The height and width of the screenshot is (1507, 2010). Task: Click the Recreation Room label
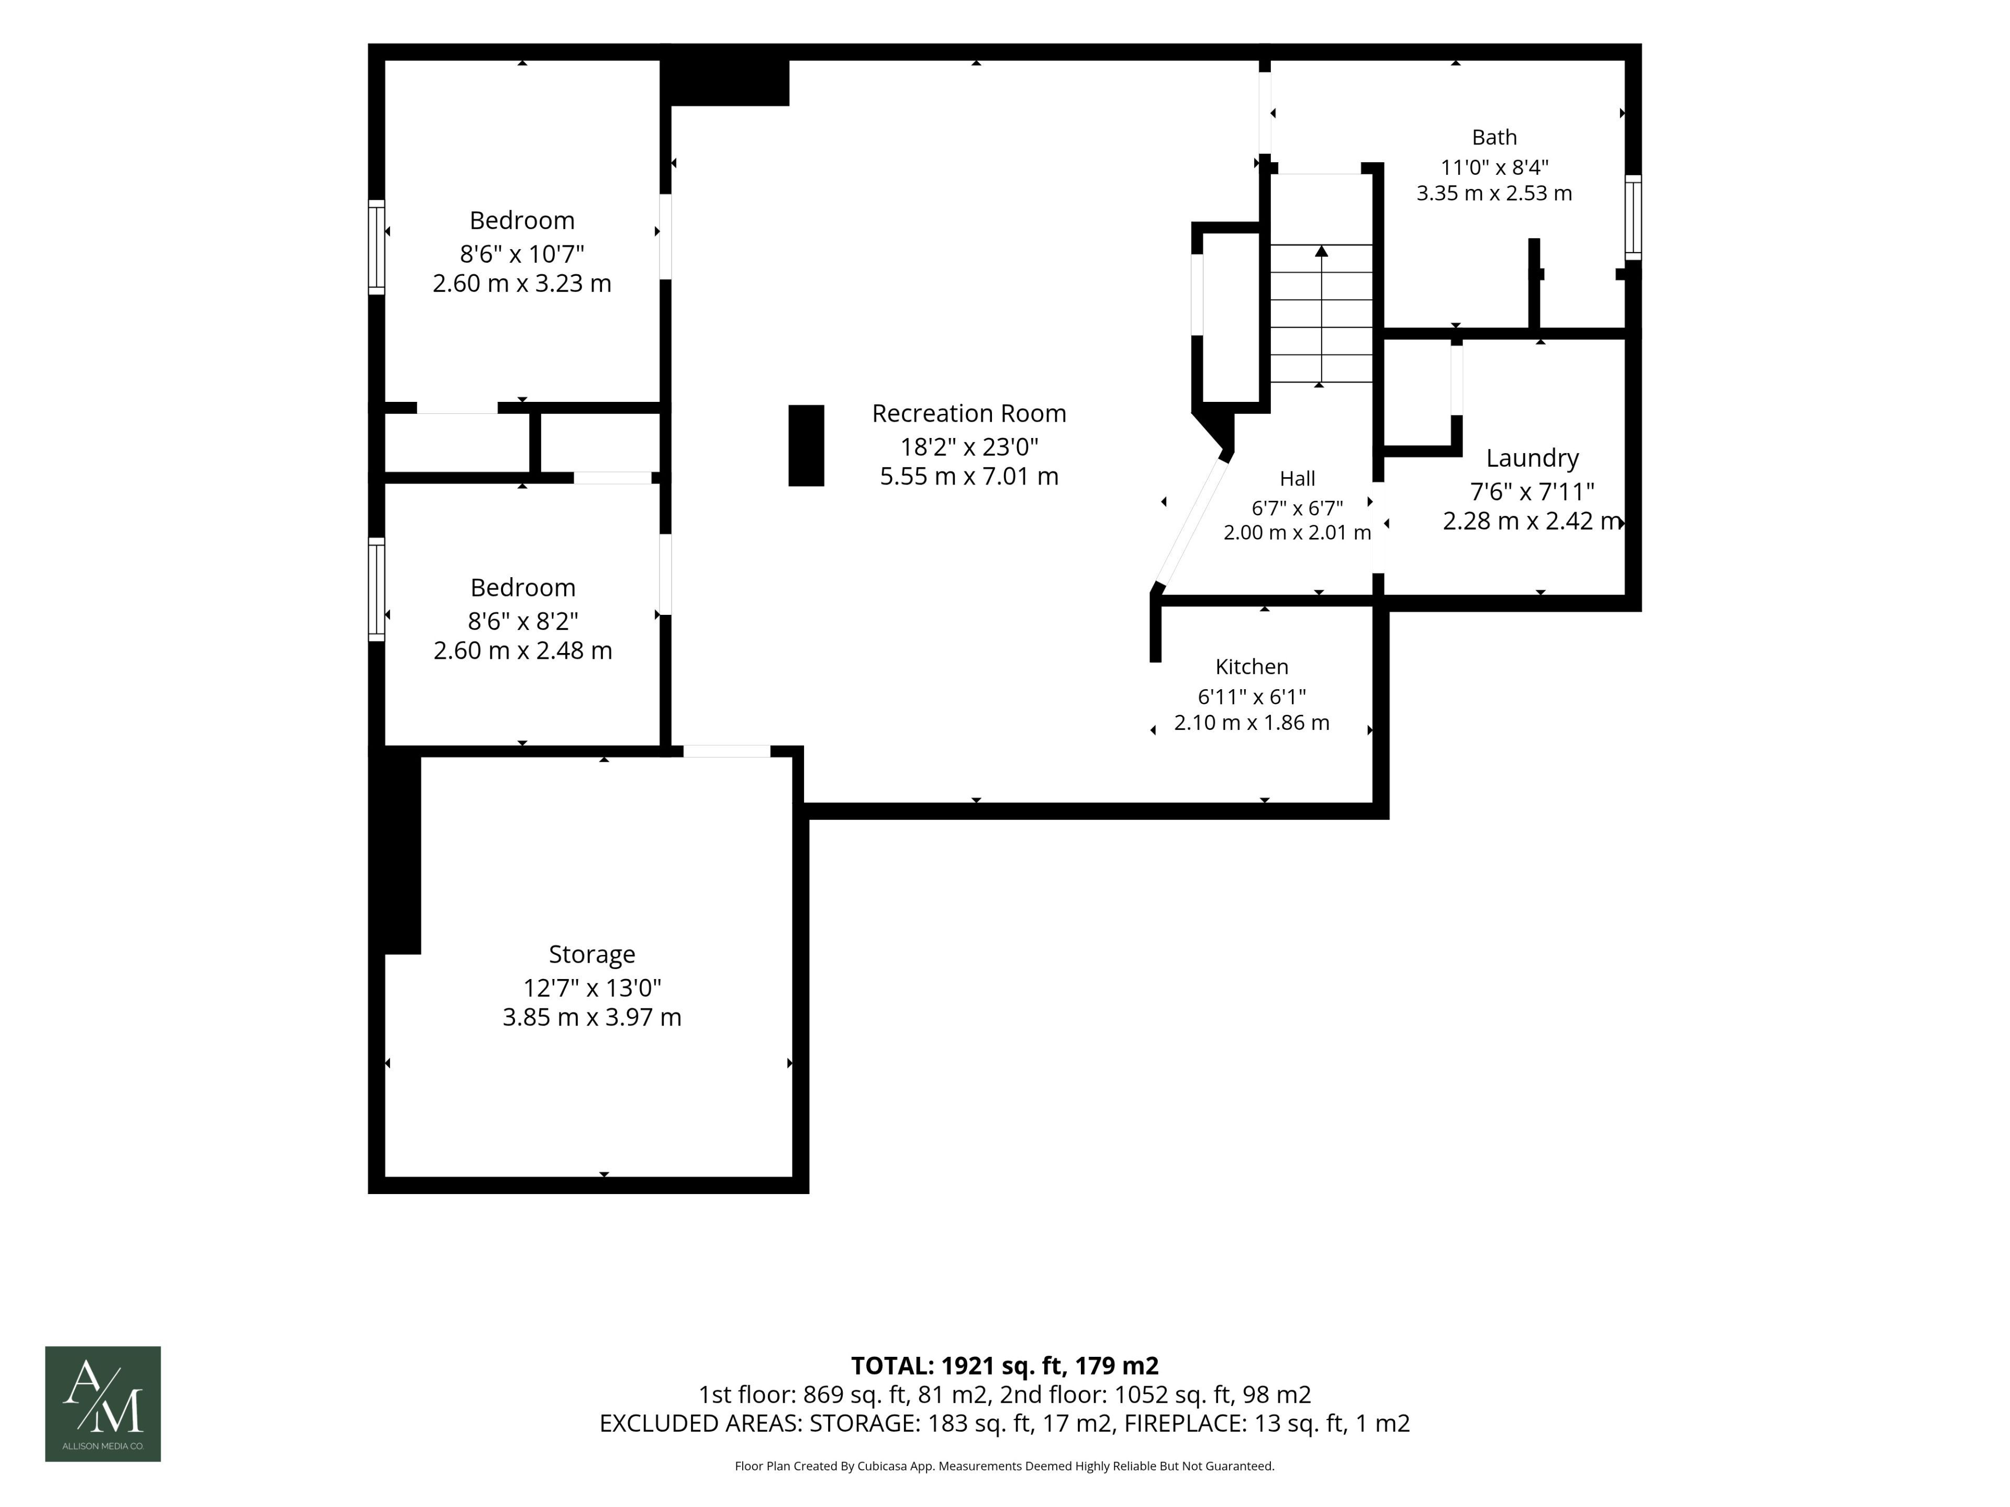pyautogui.click(x=969, y=413)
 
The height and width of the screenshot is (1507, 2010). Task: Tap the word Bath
pyautogui.click(x=1494, y=137)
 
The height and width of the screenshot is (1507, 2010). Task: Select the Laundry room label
pyautogui.click(x=1532, y=458)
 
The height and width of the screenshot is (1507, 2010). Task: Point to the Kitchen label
pyautogui.click(x=1251, y=667)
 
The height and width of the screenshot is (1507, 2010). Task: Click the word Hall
pyautogui.click(x=1297, y=479)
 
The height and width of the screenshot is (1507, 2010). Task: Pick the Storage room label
pyautogui.click(x=591, y=954)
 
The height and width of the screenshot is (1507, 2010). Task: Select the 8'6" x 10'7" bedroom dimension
pyautogui.click(x=521, y=253)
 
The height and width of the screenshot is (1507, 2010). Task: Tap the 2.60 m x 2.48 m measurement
pyautogui.click(x=522, y=650)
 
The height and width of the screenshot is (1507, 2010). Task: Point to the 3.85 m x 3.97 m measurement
pyautogui.click(x=591, y=1017)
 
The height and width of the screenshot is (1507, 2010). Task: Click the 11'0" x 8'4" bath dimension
pyautogui.click(x=1494, y=167)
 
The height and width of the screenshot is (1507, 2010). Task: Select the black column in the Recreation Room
pyautogui.click(x=806, y=445)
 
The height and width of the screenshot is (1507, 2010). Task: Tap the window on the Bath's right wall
pyautogui.click(x=1633, y=217)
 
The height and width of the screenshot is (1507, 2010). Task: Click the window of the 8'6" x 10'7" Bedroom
pyautogui.click(x=376, y=247)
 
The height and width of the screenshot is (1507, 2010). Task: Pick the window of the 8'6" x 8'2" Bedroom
pyautogui.click(x=376, y=589)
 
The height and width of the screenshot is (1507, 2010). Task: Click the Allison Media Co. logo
pyautogui.click(x=103, y=1403)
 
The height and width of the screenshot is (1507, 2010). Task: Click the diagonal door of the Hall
pyautogui.click(x=1192, y=523)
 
